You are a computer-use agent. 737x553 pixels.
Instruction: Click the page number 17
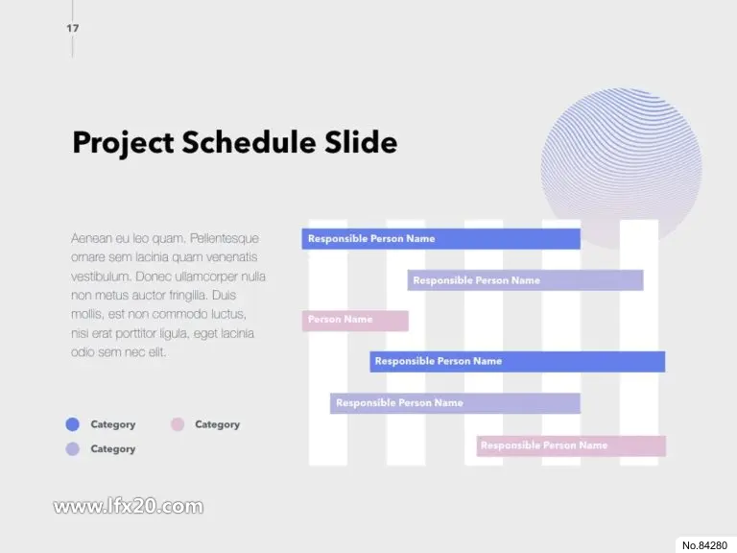72,28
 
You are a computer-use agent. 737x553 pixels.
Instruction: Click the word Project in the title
123,142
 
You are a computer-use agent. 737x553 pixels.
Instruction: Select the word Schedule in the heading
249,141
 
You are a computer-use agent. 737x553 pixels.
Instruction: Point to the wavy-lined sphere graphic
622,168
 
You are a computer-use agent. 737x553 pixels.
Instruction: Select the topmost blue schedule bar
440,239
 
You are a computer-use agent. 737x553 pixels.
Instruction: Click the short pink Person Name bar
355,321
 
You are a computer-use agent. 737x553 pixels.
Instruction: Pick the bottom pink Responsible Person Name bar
571,445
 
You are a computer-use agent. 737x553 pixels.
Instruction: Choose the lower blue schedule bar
517,362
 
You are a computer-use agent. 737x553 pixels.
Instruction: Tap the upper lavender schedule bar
525,280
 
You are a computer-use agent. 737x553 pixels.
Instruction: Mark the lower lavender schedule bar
455,403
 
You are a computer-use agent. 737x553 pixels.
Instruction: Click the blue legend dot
72,424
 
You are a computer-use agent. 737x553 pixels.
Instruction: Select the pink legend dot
178,424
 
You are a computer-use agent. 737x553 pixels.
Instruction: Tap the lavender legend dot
72,449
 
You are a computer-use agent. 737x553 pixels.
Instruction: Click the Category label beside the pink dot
217,424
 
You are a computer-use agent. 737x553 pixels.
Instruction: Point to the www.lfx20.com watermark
129,507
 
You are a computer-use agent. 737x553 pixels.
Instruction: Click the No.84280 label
704,545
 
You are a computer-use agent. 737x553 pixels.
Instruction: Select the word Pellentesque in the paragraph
225,239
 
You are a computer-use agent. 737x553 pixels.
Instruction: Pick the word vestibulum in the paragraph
100,276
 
